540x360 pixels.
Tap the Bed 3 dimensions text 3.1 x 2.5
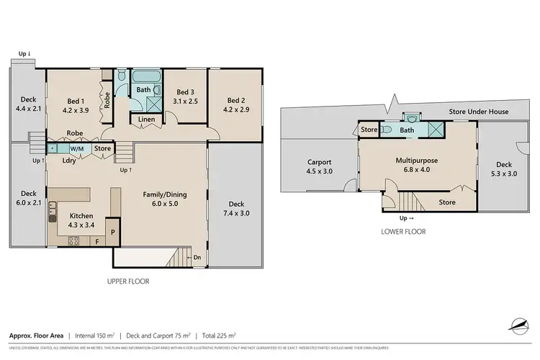[x=184, y=101]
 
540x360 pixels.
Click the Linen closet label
[x=146, y=119]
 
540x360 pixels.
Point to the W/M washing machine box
[x=76, y=149]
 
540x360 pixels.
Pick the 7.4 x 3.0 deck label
[x=231, y=213]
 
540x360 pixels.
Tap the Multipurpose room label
[x=417, y=161]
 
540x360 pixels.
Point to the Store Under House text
[x=479, y=112]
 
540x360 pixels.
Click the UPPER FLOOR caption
[x=128, y=282]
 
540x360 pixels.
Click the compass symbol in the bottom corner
[x=517, y=326]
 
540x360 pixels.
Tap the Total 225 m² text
[x=220, y=335]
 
